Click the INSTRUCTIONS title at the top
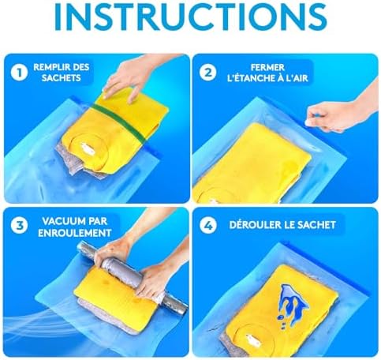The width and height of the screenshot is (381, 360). (x=190, y=17)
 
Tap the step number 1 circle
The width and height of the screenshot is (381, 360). (x=19, y=73)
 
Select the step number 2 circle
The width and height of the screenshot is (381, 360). (x=207, y=73)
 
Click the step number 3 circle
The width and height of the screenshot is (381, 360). (x=19, y=225)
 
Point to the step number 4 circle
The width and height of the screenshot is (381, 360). (x=207, y=225)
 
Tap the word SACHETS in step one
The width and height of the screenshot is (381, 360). (x=62, y=78)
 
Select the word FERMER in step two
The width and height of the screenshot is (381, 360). (x=267, y=67)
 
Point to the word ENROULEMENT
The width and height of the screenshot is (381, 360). (x=75, y=233)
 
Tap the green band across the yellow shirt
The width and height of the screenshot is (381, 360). (x=120, y=123)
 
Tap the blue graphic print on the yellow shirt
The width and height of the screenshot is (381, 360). (x=292, y=302)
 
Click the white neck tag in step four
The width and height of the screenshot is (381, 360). (x=252, y=339)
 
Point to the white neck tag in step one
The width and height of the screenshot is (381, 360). (x=87, y=148)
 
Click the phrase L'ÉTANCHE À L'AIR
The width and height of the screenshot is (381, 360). (x=267, y=78)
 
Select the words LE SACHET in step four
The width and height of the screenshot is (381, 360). (x=312, y=225)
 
